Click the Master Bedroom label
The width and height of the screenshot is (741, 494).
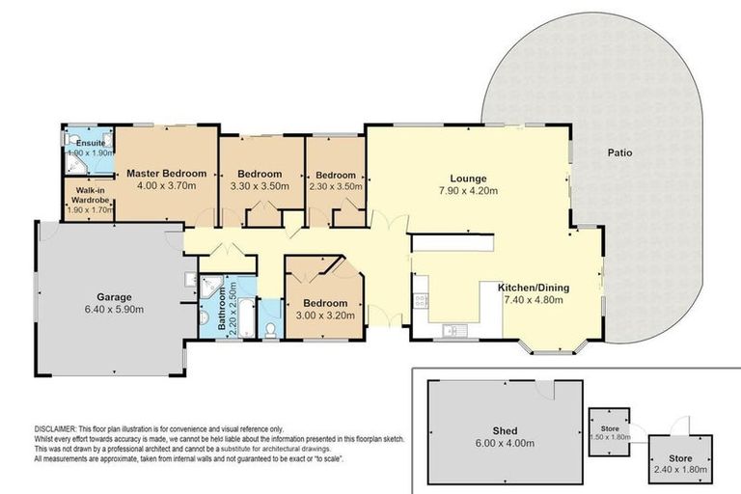[x=167, y=174]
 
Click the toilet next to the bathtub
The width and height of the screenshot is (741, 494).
[x=269, y=329]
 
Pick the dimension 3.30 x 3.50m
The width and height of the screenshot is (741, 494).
[x=261, y=186]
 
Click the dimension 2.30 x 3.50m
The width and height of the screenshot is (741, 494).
[x=335, y=186]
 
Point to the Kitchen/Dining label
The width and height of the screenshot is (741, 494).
[x=534, y=288]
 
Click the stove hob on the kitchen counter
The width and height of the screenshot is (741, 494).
[x=421, y=300]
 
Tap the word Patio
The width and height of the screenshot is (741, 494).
[x=619, y=152]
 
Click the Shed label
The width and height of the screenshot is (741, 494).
[x=505, y=430]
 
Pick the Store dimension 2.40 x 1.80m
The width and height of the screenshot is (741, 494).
[x=680, y=469]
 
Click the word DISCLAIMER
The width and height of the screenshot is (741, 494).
[x=61, y=429]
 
